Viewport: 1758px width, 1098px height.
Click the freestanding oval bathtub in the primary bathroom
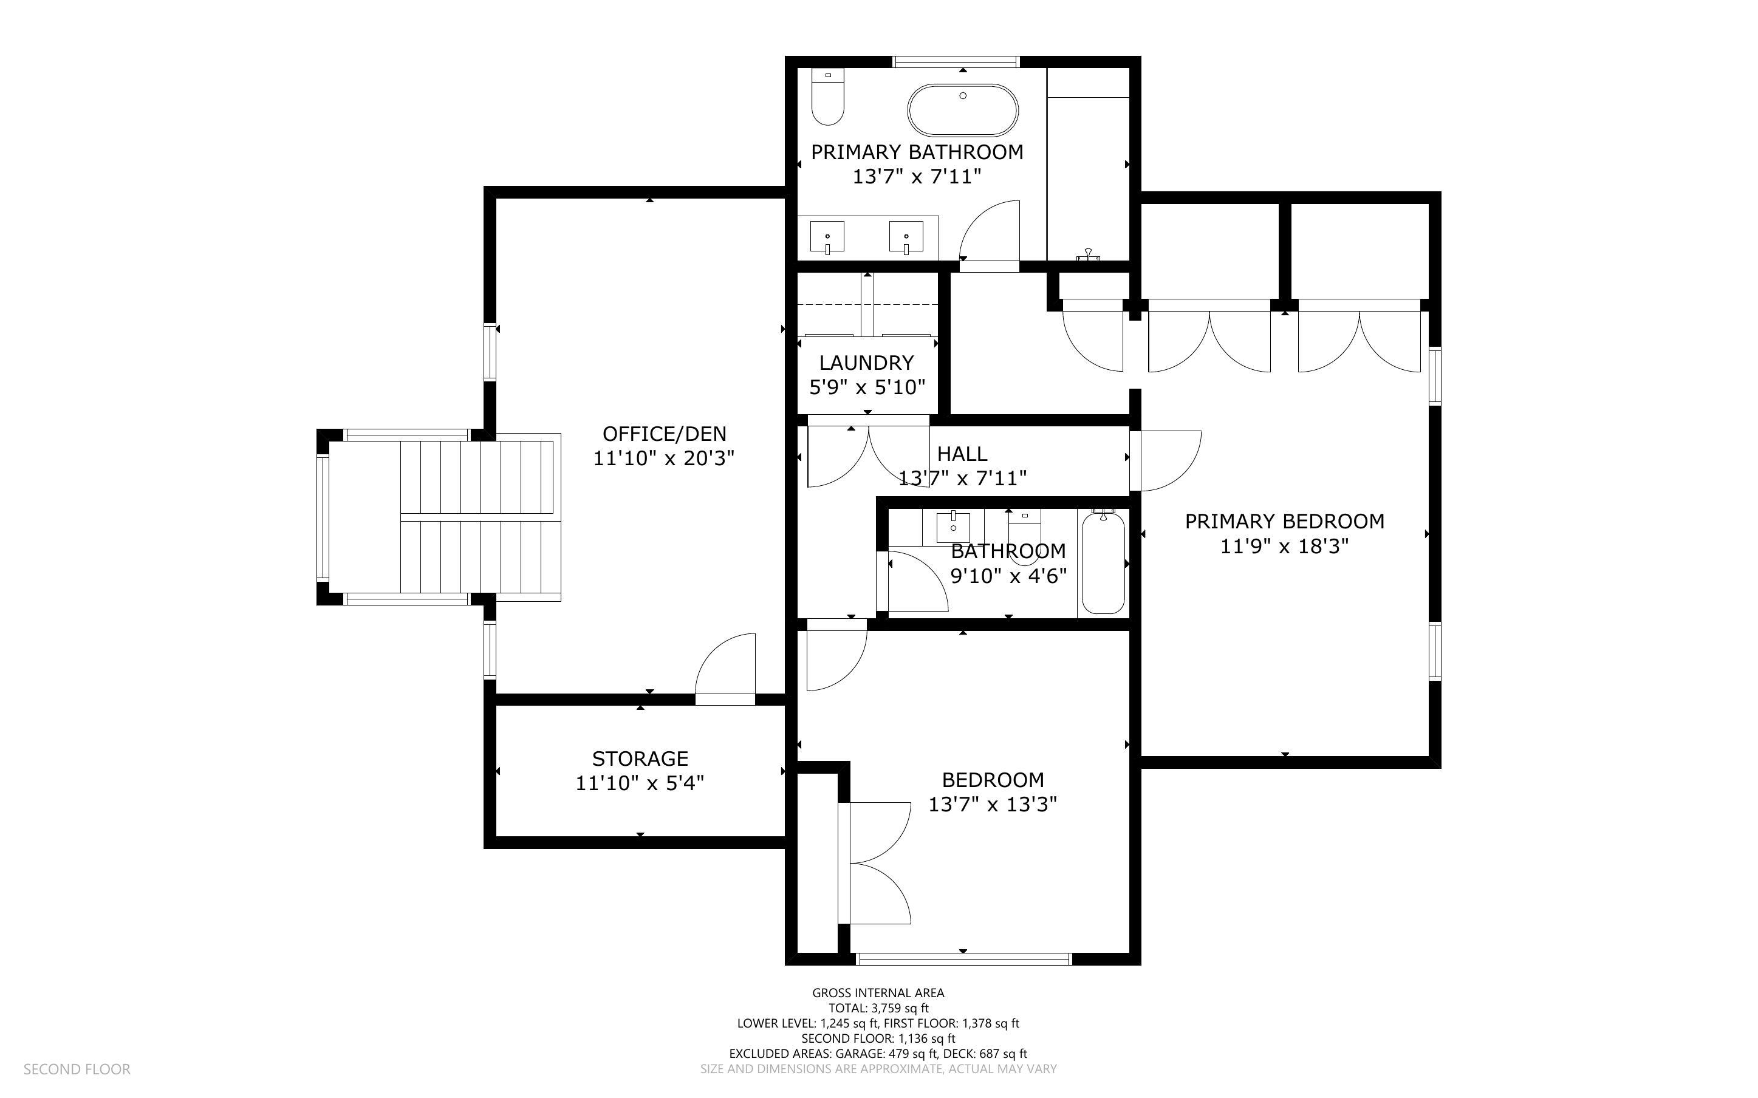[x=962, y=111]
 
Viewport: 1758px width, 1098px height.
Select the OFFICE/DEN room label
[x=664, y=434]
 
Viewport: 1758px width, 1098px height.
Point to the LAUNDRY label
[x=866, y=363]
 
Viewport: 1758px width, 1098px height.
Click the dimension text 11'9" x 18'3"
[x=1284, y=546]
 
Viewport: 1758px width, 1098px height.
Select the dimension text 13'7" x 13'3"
[x=993, y=805]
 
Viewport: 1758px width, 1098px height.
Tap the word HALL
[x=962, y=454]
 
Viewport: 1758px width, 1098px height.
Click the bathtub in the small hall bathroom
[x=1103, y=563]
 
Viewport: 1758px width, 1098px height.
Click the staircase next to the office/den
[x=479, y=517]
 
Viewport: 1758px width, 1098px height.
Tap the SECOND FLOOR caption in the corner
[x=77, y=1069]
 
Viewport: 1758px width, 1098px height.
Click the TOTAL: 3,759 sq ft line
[x=878, y=1008]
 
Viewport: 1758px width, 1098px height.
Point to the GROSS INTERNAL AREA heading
[x=878, y=993]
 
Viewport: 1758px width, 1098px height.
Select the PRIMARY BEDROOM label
[x=1284, y=522]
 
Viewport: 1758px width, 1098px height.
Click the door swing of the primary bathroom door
[x=990, y=231]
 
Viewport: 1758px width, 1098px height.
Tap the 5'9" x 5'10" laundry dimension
[x=867, y=387]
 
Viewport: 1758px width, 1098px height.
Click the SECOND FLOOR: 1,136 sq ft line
[x=878, y=1038]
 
